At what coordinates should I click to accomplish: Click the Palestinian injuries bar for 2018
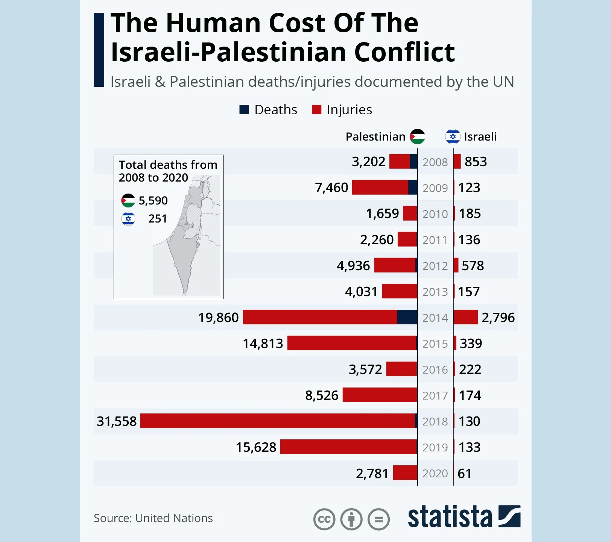pyautogui.click(x=278, y=421)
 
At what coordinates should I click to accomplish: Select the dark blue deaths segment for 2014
pyautogui.click(x=407, y=317)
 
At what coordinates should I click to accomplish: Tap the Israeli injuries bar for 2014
pyautogui.click(x=466, y=317)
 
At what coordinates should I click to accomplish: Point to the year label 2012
pyautogui.click(x=435, y=266)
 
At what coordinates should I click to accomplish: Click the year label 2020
pyautogui.click(x=435, y=473)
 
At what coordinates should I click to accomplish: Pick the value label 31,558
pyautogui.click(x=117, y=421)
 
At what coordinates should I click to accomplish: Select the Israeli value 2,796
pyautogui.click(x=498, y=318)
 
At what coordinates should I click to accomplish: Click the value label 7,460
pyautogui.click(x=331, y=188)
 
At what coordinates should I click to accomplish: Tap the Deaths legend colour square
pyautogui.click(x=244, y=110)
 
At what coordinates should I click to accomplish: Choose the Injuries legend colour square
pyautogui.click(x=316, y=110)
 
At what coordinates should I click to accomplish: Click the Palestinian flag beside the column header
pyautogui.click(x=417, y=136)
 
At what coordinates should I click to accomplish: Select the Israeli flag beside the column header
pyautogui.click(x=453, y=136)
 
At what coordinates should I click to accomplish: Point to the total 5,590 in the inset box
pyautogui.click(x=153, y=201)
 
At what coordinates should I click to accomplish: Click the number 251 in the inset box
pyautogui.click(x=157, y=219)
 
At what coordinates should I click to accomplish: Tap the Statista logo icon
pyautogui.click(x=509, y=516)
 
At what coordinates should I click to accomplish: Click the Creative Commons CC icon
pyautogui.click(x=324, y=519)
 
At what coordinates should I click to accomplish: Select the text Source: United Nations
pyautogui.click(x=153, y=518)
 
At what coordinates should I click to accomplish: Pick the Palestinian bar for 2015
pyautogui.click(x=352, y=343)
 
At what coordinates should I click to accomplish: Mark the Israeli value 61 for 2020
pyautogui.click(x=464, y=474)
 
